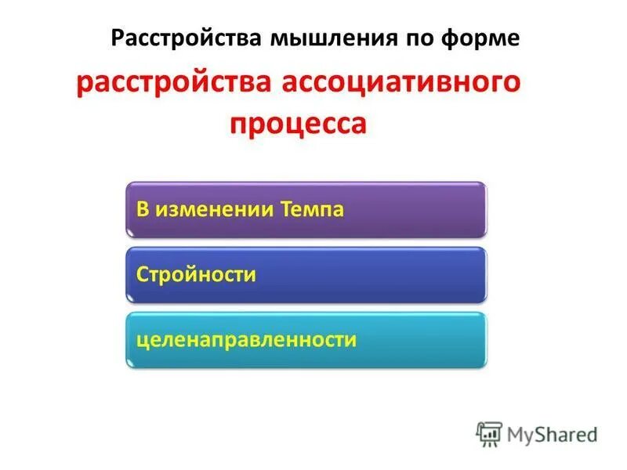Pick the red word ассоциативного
click(x=400, y=84)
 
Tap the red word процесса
click(x=298, y=123)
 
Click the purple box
click(x=306, y=209)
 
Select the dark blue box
click(x=306, y=274)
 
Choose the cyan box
click(x=306, y=339)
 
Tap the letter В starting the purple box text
click(x=143, y=209)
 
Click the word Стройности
click(x=196, y=274)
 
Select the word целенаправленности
click(x=246, y=340)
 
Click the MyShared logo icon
click(x=489, y=434)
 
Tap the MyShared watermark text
click(x=551, y=434)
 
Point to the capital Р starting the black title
click(x=118, y=38)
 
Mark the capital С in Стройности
click(x=143, y=274)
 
